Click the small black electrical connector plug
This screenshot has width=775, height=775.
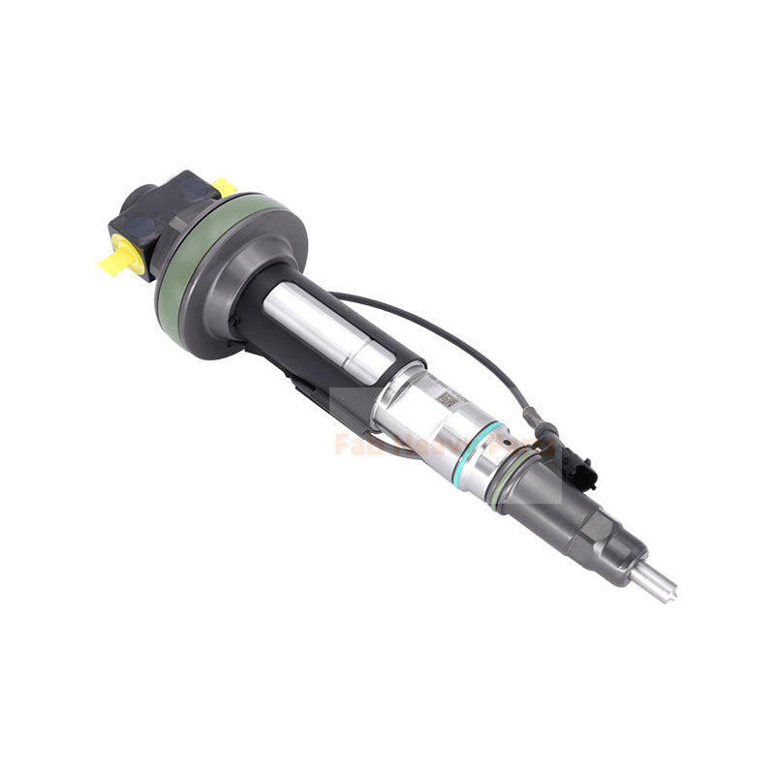coord(581,465)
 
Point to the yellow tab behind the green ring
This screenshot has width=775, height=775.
coord(225,185)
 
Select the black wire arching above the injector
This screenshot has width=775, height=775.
coord(436,329)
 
